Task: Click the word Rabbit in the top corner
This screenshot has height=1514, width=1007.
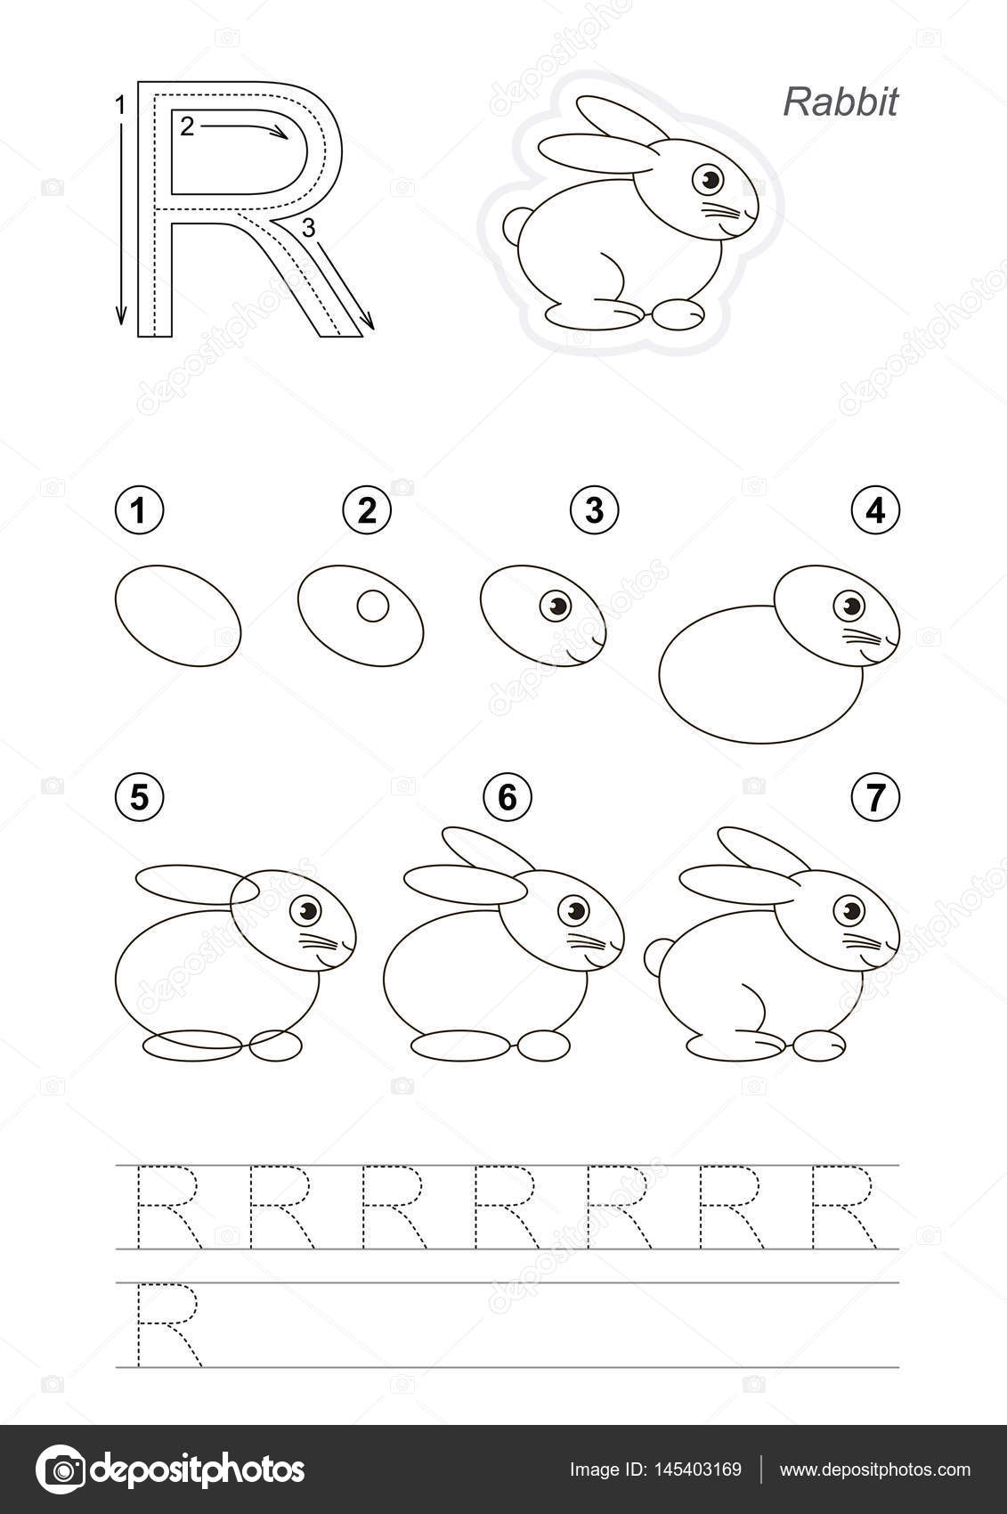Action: click(x=841, y=102)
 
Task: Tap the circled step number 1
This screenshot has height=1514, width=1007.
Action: click(x=139, y=511)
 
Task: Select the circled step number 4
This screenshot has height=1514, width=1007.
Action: click(x=875, y=511)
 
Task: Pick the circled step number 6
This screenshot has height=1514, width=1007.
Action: click(x=508, y=798)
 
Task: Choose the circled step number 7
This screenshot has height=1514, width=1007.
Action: click(x=875, y=798)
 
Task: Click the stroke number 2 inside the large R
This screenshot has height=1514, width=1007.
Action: click(x=187, y=126)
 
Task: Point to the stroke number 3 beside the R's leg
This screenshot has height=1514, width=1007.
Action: click(x=308, y=229)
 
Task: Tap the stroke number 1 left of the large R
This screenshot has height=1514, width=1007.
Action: click(x=120, y=105)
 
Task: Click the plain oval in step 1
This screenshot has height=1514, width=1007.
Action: click(x=178, y=615)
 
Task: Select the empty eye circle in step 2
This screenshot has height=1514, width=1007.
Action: click(x=372, y=606)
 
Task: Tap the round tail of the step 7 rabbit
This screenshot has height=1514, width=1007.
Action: click(x=656, y=957)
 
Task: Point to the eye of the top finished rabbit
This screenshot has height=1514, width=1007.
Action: click(x=708, y=180)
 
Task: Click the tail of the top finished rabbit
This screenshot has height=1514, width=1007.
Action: click(x=515, y=226)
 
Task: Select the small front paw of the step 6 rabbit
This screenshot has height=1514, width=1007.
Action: click(x=544, y=1045)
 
